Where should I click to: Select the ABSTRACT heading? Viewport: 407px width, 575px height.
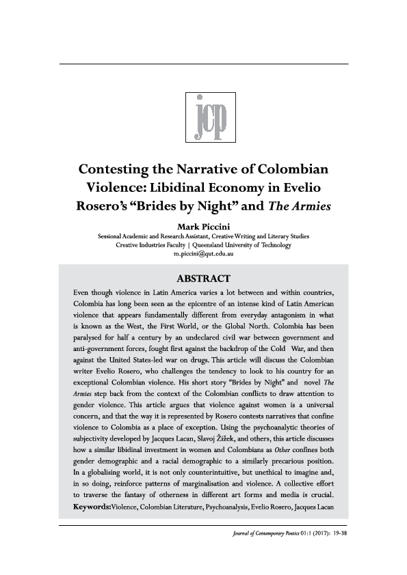[204, 278]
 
